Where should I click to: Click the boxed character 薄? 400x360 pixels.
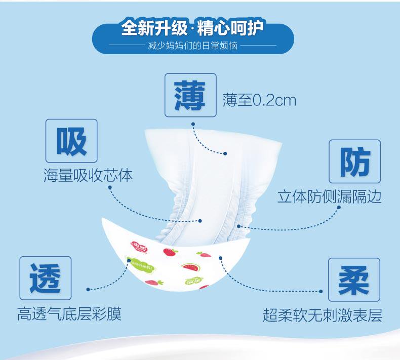coord(190,95)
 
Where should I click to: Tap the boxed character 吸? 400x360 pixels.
coord(71,141)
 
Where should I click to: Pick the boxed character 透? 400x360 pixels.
coord(46,278)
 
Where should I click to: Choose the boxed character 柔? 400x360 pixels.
coord(353,279)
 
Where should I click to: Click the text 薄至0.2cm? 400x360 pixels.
coord(259,100)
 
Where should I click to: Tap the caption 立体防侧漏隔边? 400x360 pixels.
coord(329,196)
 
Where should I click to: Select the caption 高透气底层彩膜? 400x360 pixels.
coord(69,314)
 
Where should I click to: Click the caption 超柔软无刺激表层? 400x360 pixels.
coord(323,315)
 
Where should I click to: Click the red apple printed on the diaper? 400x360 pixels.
coord(168,251)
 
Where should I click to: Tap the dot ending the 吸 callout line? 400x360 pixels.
coord(201,221)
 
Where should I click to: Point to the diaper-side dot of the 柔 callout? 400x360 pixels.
coord(221,258)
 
